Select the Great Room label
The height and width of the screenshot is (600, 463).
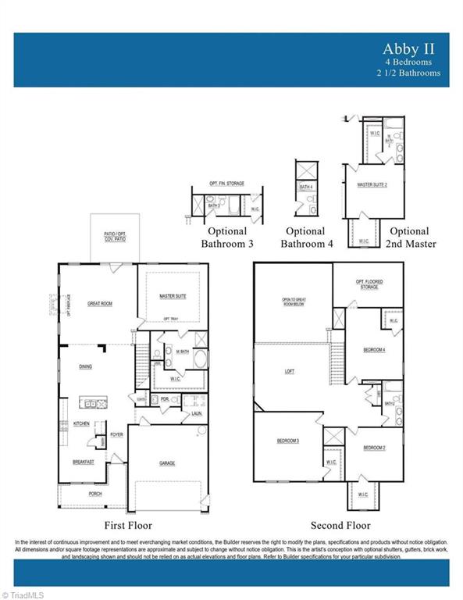(100, 304)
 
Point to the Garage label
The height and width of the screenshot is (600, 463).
(167, 463)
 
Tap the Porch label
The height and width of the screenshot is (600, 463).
(94, 493)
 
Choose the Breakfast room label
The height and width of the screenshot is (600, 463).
(84, 462)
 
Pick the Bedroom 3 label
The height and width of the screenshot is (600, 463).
(287, 441)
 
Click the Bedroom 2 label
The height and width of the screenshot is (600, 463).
(374, 448)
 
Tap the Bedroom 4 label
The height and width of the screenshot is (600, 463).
(374, 350)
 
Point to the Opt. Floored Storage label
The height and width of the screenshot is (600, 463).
(369, 284)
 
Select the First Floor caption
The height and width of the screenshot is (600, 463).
(128, 525)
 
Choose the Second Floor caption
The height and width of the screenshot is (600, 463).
(340, 525)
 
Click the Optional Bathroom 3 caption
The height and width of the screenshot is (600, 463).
(227, 237)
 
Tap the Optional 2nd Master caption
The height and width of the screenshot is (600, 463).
(409, 237)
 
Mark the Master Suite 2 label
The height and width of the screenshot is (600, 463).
(372, 184)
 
